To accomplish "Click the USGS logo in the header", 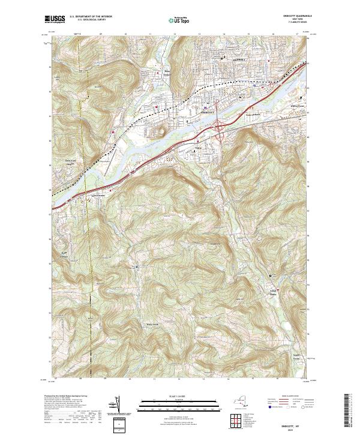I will coord(55,19).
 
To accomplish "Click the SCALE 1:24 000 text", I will coord(179,397).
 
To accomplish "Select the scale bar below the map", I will coord(179,406).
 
